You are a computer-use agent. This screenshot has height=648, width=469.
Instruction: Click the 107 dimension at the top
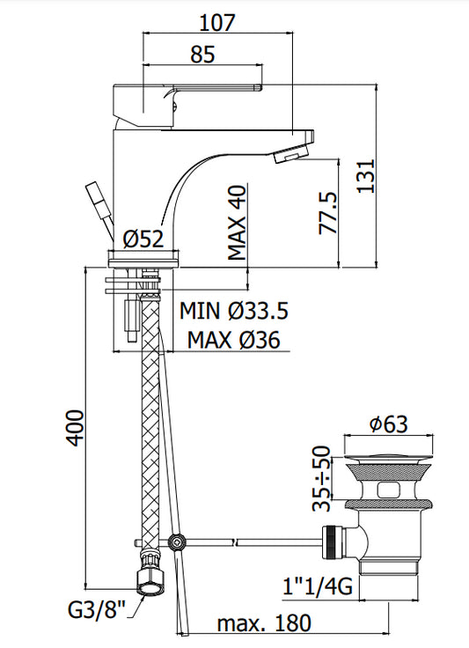[x=216, y=22]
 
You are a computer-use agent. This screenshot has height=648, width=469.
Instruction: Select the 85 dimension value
[x=202, y=54]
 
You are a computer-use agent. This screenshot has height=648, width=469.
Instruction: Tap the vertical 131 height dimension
[x=366, y=175]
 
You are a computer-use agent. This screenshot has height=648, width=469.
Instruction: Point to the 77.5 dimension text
[x=328, y=213]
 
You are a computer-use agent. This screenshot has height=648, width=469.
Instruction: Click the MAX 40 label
[x=238, y=223]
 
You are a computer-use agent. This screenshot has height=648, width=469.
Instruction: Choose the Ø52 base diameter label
[x=143, y=239]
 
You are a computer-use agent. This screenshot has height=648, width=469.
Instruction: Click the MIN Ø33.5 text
[x=234, y=311]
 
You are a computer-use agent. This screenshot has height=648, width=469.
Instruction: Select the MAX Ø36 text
[x=234, y=340]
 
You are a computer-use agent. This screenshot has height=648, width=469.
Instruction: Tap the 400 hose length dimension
[x=75, y=428]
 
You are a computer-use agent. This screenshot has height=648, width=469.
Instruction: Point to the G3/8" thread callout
[x=96, y=609]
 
